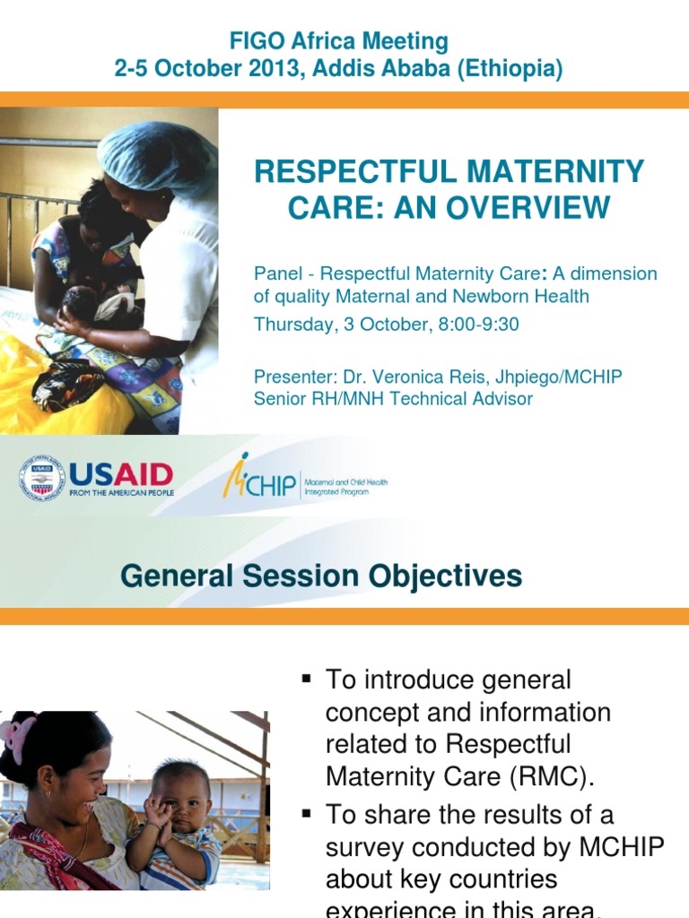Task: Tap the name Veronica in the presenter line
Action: click(x=406, y=377)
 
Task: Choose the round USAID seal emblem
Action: click(x=42, y=478)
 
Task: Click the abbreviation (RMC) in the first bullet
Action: click(x=549, y=776)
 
